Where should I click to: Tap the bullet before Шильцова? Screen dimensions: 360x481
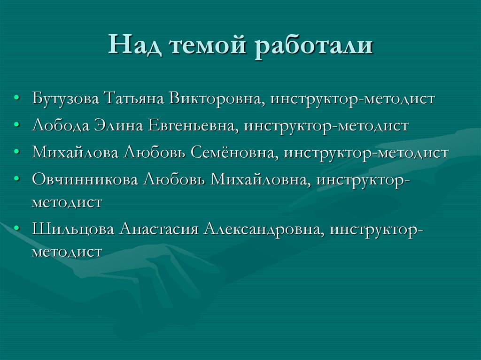coord(17,229)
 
